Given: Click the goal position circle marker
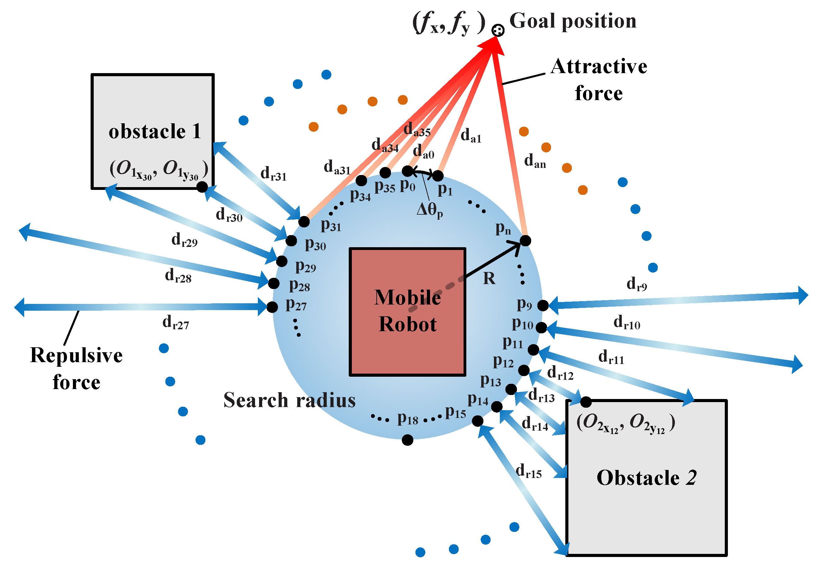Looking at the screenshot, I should [497, 30].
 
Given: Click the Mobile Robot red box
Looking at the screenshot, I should [407, 312].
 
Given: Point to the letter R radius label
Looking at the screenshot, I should [489, 278].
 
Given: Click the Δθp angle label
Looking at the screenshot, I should [429, 210].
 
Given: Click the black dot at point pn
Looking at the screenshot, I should [525, 241].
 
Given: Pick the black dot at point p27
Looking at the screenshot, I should [272, 307].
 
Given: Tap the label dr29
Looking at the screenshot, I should [184, 240].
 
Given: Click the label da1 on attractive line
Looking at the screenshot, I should [470, 136].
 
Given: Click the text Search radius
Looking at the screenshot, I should [289, 400].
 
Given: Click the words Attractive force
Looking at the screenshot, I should [598, 80].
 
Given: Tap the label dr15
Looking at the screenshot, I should [528, 471].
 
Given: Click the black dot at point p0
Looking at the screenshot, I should [407, 171].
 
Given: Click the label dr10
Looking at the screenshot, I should [626, 322].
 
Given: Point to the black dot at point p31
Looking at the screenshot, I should [304, 222].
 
